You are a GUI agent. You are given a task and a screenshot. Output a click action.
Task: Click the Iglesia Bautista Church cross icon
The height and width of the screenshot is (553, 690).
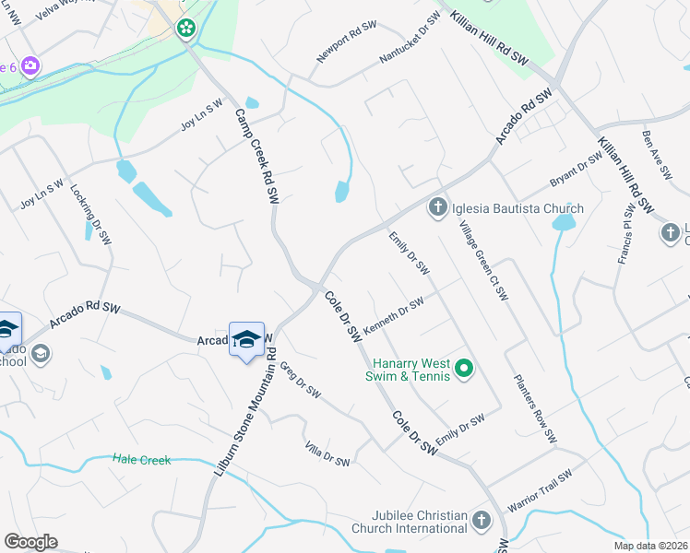437,207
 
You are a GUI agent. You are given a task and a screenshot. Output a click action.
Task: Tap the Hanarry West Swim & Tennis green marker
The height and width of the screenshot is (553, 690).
465,371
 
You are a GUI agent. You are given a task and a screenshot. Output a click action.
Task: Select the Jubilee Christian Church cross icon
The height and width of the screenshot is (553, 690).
480,522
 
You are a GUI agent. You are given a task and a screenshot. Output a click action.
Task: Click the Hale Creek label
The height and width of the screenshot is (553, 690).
142,459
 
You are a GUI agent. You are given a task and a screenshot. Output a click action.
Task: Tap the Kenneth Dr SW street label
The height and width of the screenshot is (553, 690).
393,314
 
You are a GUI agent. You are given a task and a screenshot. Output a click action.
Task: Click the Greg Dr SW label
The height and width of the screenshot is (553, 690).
300,379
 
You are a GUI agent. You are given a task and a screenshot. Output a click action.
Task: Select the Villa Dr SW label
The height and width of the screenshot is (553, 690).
327,453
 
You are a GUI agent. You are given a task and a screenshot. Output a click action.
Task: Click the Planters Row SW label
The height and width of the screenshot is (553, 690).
536,408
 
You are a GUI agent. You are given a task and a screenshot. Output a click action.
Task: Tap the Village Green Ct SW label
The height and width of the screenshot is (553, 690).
484,261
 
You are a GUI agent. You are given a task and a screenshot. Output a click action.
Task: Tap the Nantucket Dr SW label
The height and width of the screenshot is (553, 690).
410,40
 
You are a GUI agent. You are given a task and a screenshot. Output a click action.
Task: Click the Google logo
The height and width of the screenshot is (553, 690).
30,541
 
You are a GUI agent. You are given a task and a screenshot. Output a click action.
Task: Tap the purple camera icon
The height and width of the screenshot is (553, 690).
30,65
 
